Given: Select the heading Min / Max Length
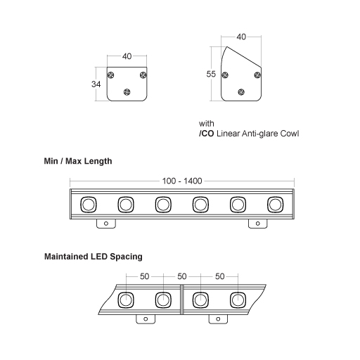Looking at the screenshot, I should tap(78, 161).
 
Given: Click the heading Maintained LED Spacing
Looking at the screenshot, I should tap(93, 257).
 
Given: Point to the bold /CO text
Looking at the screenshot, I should tap(207, 132).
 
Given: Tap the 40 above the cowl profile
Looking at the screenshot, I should tap(242, 37).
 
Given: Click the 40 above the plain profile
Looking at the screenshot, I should tap(127, 56).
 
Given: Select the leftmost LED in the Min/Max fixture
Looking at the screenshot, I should tap(89, 205).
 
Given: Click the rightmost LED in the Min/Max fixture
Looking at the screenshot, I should tap(275, 205).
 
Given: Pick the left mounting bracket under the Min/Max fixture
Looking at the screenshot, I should tap(105, 223).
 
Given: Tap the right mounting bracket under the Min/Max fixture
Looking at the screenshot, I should tap(257, 223).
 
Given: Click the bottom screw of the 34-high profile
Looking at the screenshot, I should tap(127, 91).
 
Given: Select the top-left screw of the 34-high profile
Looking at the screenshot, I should tap(111, 75).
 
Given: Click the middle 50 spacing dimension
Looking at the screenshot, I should tap(183, 277).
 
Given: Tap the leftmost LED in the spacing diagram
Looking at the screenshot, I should tap(127, 300).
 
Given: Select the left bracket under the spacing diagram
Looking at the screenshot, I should tap(146, 319).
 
